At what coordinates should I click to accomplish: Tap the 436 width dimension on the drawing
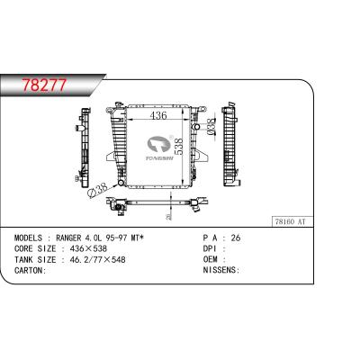click(158, 117)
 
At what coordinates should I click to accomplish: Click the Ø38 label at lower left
click(97, 191)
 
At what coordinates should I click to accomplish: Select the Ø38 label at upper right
click(209, 126)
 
